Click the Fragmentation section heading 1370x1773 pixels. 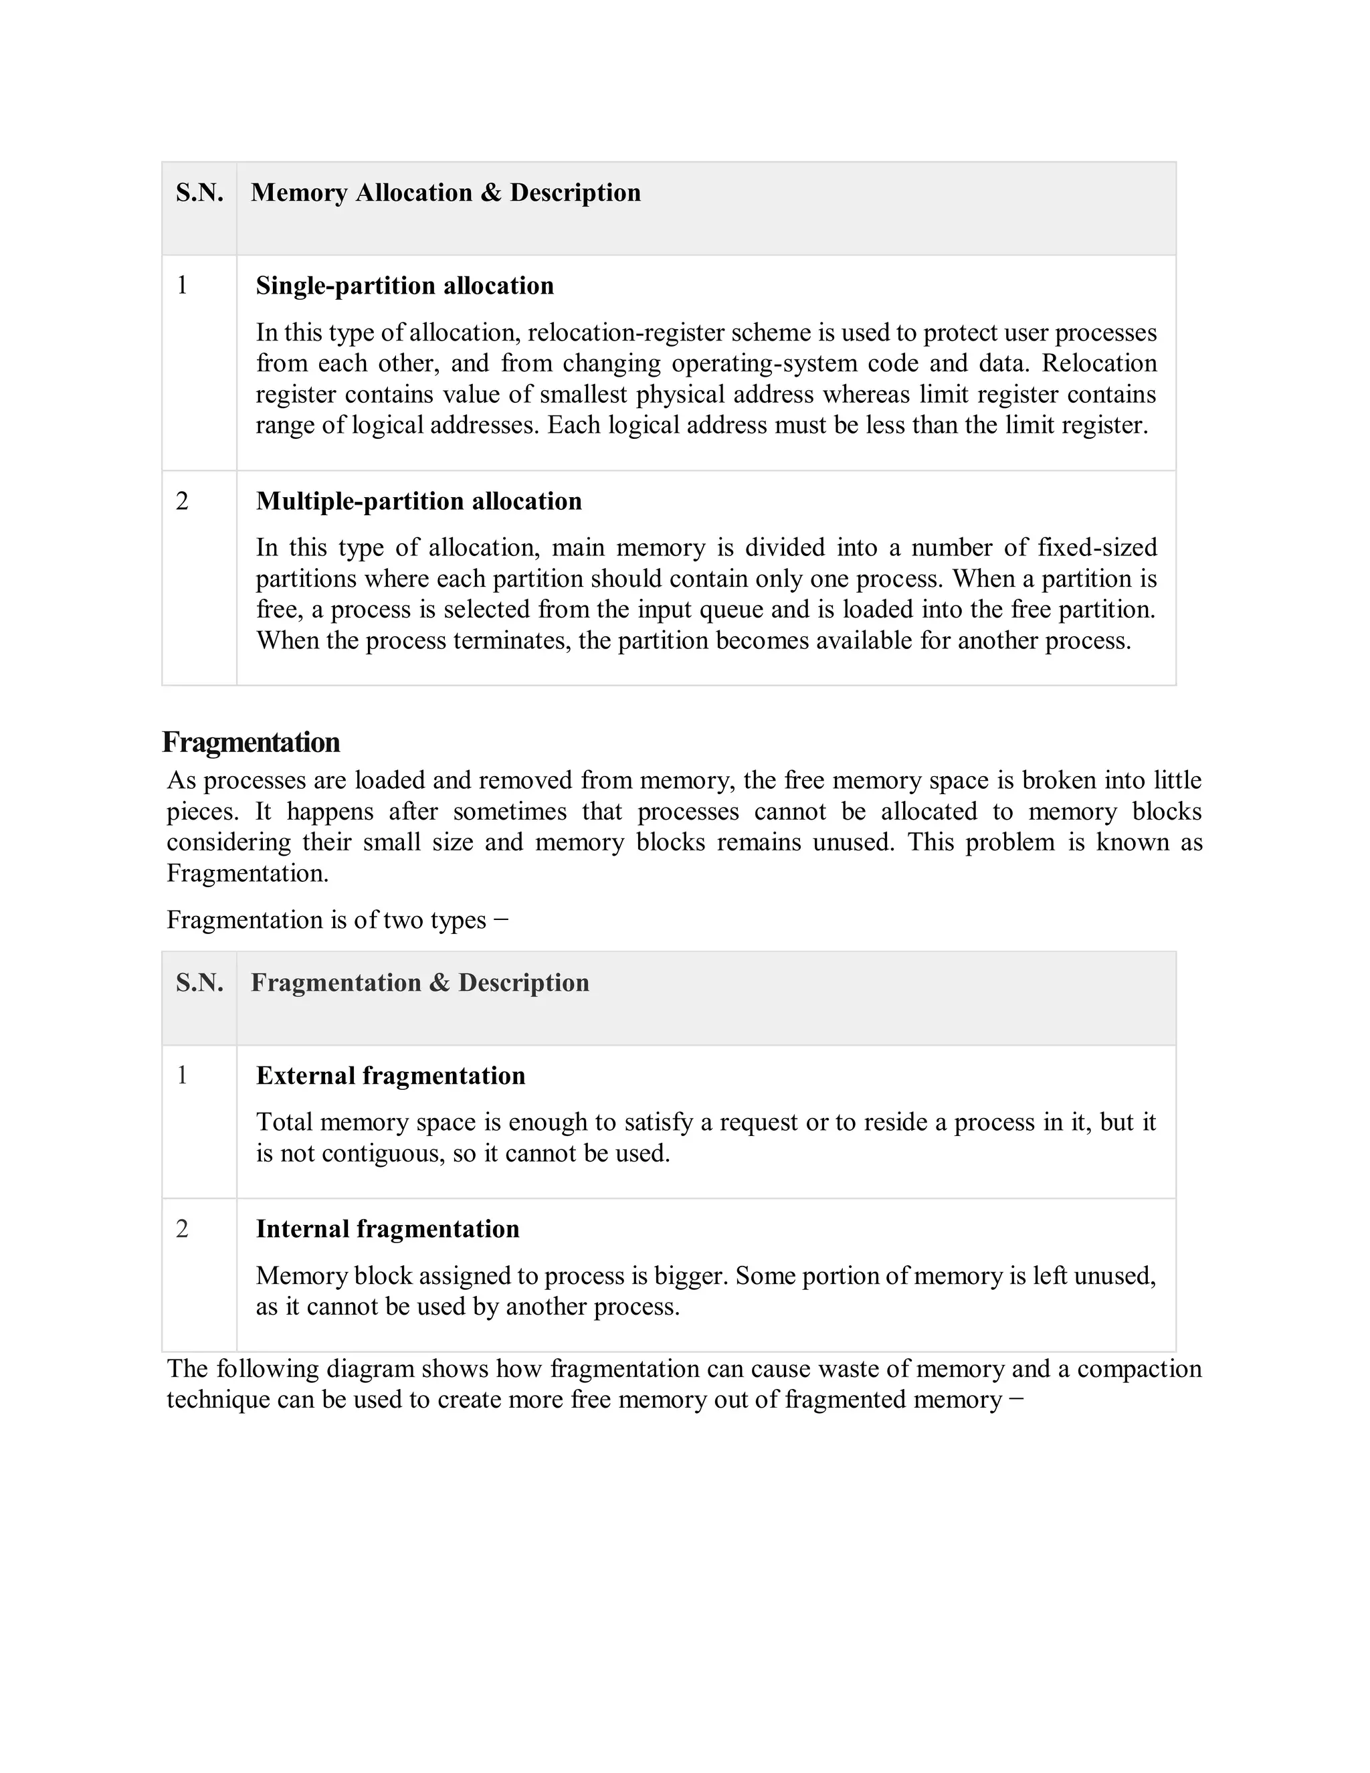click(x=251, y=742)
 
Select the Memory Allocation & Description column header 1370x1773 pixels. click(x=446, y=193)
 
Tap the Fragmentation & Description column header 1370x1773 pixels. click(x=419, y=982)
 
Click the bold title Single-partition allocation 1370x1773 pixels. click(x=404, y=286)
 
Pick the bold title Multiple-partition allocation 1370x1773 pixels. click(x=419, y=501)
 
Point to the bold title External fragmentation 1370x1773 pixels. click(x=391, y=1076)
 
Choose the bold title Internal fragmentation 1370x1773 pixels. click(x=387, y=1228)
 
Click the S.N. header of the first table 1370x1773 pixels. click(x=199, y=193)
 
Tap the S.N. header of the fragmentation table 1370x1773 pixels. click(x=199, y=982)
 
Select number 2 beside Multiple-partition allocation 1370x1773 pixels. click(x=182, y=501)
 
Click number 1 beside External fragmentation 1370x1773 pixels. click(x=182, y=1076)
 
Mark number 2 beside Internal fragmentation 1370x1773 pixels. click(x=182, y=1228)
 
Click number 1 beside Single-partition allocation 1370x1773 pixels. click(x=182, y=286)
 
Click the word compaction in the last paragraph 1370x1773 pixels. click(x=1139, y=1369)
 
